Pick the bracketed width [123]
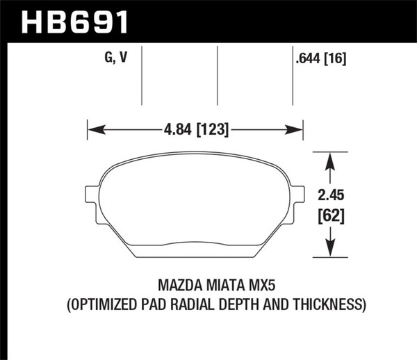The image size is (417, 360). [x=211, y=129]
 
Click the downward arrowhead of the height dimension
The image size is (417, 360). [x=330, y=249]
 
